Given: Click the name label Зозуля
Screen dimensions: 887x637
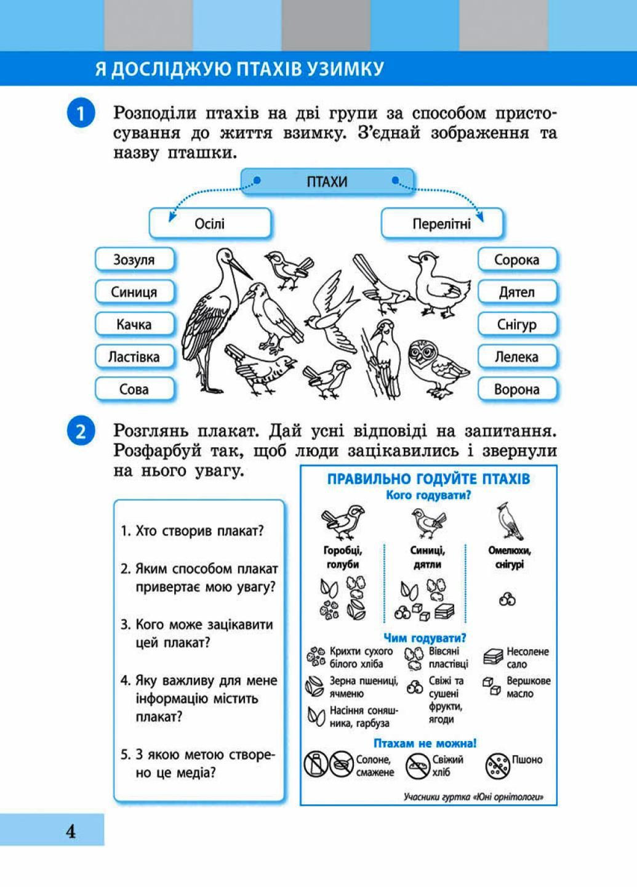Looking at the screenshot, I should (x=134, y=260).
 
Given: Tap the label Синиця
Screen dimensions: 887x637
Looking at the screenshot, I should (x=134, y=292).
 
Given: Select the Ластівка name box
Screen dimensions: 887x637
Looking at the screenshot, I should (x=134, y=357).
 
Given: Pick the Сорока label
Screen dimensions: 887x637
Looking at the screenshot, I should (x=516, y=260).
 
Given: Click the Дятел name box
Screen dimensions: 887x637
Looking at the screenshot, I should (x=516, y=292).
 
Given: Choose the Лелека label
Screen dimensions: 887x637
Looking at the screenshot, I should (x=516, y=357).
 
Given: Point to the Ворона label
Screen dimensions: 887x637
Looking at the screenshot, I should (x=516, y=389).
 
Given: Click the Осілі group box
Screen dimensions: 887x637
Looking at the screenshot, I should (x=210, y=224).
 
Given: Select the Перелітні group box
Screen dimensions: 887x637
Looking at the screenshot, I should (x=441, y=224).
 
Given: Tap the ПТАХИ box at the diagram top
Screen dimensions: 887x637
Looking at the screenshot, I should (x=327, y=182).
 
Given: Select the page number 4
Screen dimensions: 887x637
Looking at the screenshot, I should (x=71, y=832).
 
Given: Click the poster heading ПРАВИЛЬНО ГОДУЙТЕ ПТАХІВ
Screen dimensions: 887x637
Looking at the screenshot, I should (x=428, y=479).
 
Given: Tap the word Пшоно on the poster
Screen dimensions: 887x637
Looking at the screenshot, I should (x=527, y=759).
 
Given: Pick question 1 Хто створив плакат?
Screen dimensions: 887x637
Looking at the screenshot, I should (x=193, y=530).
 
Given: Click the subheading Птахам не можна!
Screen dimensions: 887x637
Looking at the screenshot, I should (x=425, y=743).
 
